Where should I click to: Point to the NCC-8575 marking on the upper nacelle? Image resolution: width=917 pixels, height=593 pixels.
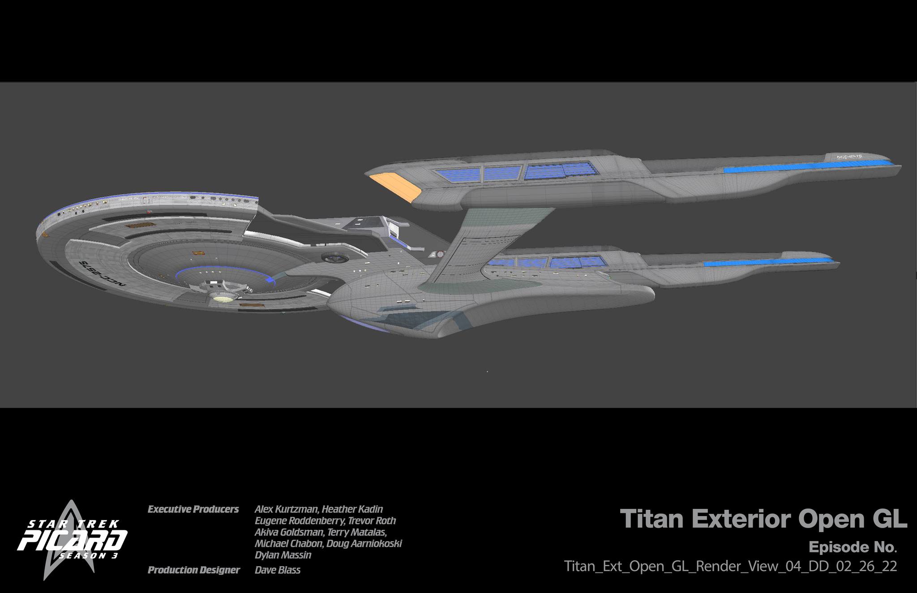849,157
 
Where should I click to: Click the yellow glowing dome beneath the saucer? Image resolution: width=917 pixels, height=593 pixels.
223,297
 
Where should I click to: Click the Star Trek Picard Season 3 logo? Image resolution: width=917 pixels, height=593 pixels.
72,542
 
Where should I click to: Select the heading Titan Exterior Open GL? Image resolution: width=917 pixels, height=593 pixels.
763,519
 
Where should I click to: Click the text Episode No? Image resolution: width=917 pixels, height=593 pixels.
853,547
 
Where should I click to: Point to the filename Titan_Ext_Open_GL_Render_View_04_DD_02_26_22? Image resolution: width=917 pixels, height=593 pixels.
730,566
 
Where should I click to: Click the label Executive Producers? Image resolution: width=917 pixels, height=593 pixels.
193,509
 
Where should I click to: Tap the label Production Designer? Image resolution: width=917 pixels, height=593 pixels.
193,570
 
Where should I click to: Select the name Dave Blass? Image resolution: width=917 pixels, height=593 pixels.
278,570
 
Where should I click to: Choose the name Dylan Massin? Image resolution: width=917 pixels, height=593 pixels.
283,555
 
